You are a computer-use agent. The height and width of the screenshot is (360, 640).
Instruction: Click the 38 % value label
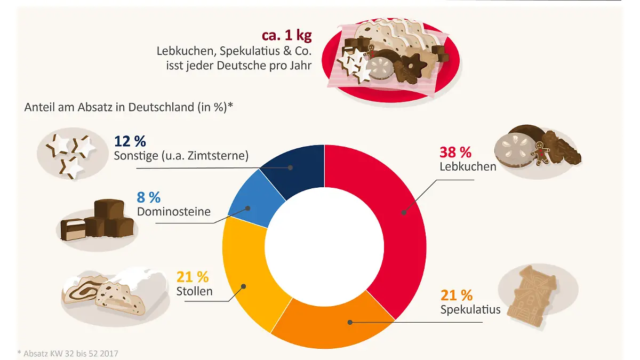tap(455, 152)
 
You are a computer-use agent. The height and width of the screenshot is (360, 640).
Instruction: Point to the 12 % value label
tap(130, 141)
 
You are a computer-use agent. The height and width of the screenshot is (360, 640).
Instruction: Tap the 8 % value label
tap(149, 197)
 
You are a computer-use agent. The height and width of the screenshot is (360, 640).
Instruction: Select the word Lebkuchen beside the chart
tap(468, 166)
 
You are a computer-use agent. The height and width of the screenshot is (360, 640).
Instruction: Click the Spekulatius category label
tap(470, 309)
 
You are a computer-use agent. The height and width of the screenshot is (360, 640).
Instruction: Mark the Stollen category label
tap(194, 291)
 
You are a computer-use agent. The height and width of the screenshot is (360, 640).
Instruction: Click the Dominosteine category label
tap(174, 212)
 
